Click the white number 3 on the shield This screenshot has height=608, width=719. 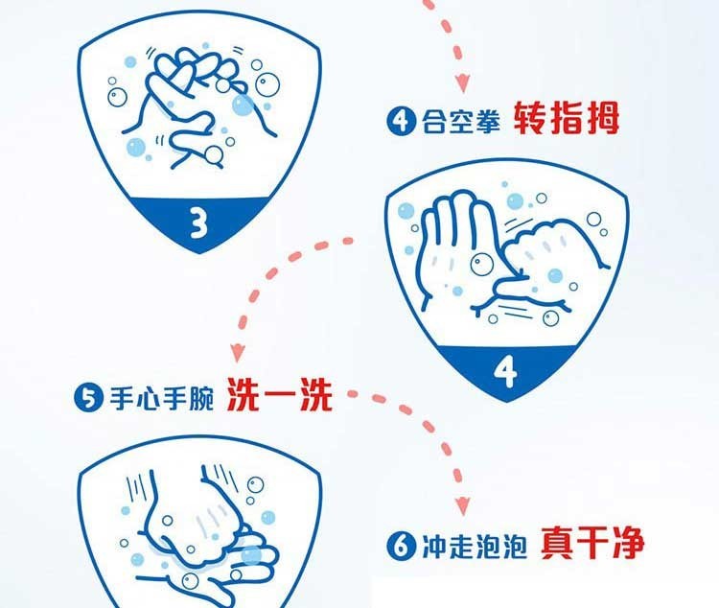199,222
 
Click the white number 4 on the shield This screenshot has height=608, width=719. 506,371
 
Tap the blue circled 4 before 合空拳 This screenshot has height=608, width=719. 401,121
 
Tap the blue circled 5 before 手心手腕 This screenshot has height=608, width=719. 89,398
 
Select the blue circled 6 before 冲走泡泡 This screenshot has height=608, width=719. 401,545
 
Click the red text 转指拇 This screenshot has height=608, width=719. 566,118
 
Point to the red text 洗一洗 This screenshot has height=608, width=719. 279,394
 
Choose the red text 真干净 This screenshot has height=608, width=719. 592,543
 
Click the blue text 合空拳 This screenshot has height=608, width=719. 460,121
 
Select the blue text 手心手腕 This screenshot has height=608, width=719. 161,398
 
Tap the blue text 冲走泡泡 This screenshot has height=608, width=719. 474,546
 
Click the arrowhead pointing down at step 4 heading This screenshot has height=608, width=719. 463,82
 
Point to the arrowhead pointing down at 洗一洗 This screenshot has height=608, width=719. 238,353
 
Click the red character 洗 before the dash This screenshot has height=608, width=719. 244,394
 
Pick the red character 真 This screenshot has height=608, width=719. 557,543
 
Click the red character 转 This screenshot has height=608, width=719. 529,118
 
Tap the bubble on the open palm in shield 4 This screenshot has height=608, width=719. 481,264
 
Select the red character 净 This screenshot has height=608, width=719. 628,543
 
